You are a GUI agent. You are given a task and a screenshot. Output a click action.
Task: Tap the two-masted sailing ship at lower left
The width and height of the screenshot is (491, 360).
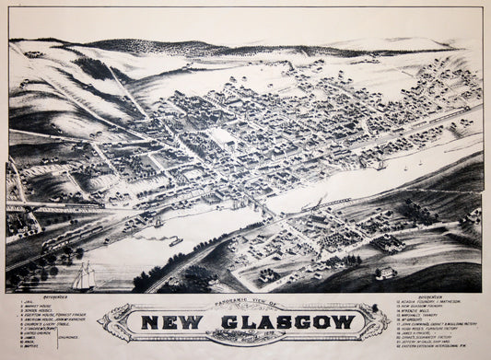(x=85, y=275)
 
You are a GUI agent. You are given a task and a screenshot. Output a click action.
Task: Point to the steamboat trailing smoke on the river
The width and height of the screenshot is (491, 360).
(x=173, y=241)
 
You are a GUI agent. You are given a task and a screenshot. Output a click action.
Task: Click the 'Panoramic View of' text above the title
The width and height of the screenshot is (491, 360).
(x=245, y=303)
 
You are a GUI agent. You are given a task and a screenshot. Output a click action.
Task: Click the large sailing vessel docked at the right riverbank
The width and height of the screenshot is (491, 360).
(x=380, y=164)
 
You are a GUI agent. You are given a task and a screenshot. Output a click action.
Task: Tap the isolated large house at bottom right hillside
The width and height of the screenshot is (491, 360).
(x=385, y=273)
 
